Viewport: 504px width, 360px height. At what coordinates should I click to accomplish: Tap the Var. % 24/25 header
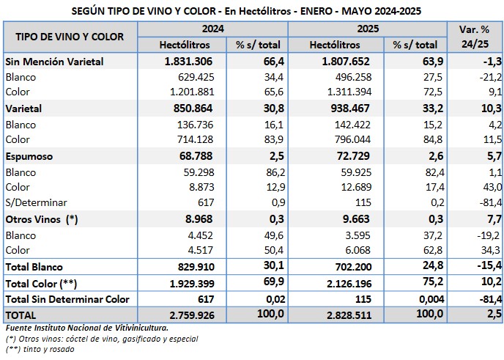pyautogui.click(x=474, y=36)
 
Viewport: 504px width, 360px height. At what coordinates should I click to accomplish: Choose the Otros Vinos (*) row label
pyautogui.click(x=41, y=219)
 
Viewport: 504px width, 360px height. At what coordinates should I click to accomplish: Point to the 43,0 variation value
pyautogui.click(x=490, y=188)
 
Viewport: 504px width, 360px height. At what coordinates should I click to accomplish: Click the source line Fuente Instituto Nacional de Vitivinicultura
pyautogui.click(x=86, y=327)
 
